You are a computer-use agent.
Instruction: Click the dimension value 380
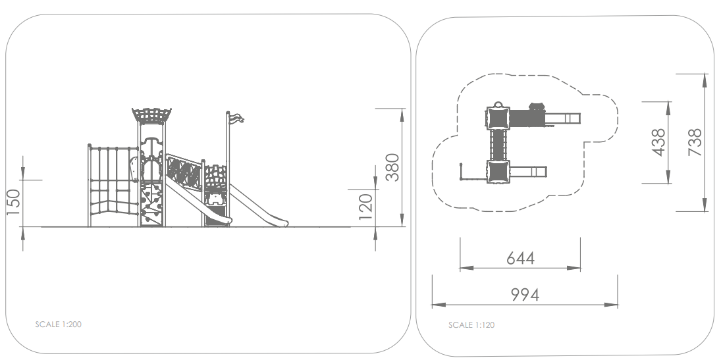pos(392,167)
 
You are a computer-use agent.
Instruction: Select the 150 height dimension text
pos(14,202)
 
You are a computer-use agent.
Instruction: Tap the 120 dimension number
pos(365,207)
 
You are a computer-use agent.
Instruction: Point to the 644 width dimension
pos(521,259)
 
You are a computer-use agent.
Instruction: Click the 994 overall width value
pos(525,295)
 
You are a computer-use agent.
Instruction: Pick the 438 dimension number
pos(658,143)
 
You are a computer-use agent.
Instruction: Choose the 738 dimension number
pos(695,143)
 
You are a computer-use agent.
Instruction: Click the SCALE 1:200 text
pos(59,324)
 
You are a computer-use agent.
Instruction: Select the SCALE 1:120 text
pos(471,325)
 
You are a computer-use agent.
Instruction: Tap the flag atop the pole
pos(236,118)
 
